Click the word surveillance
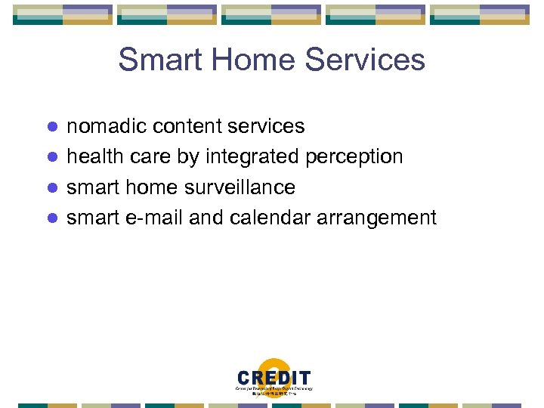240,187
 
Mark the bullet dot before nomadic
52,127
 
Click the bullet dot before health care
52,157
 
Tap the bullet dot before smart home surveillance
52,187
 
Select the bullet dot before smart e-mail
52,218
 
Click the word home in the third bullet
150,187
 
